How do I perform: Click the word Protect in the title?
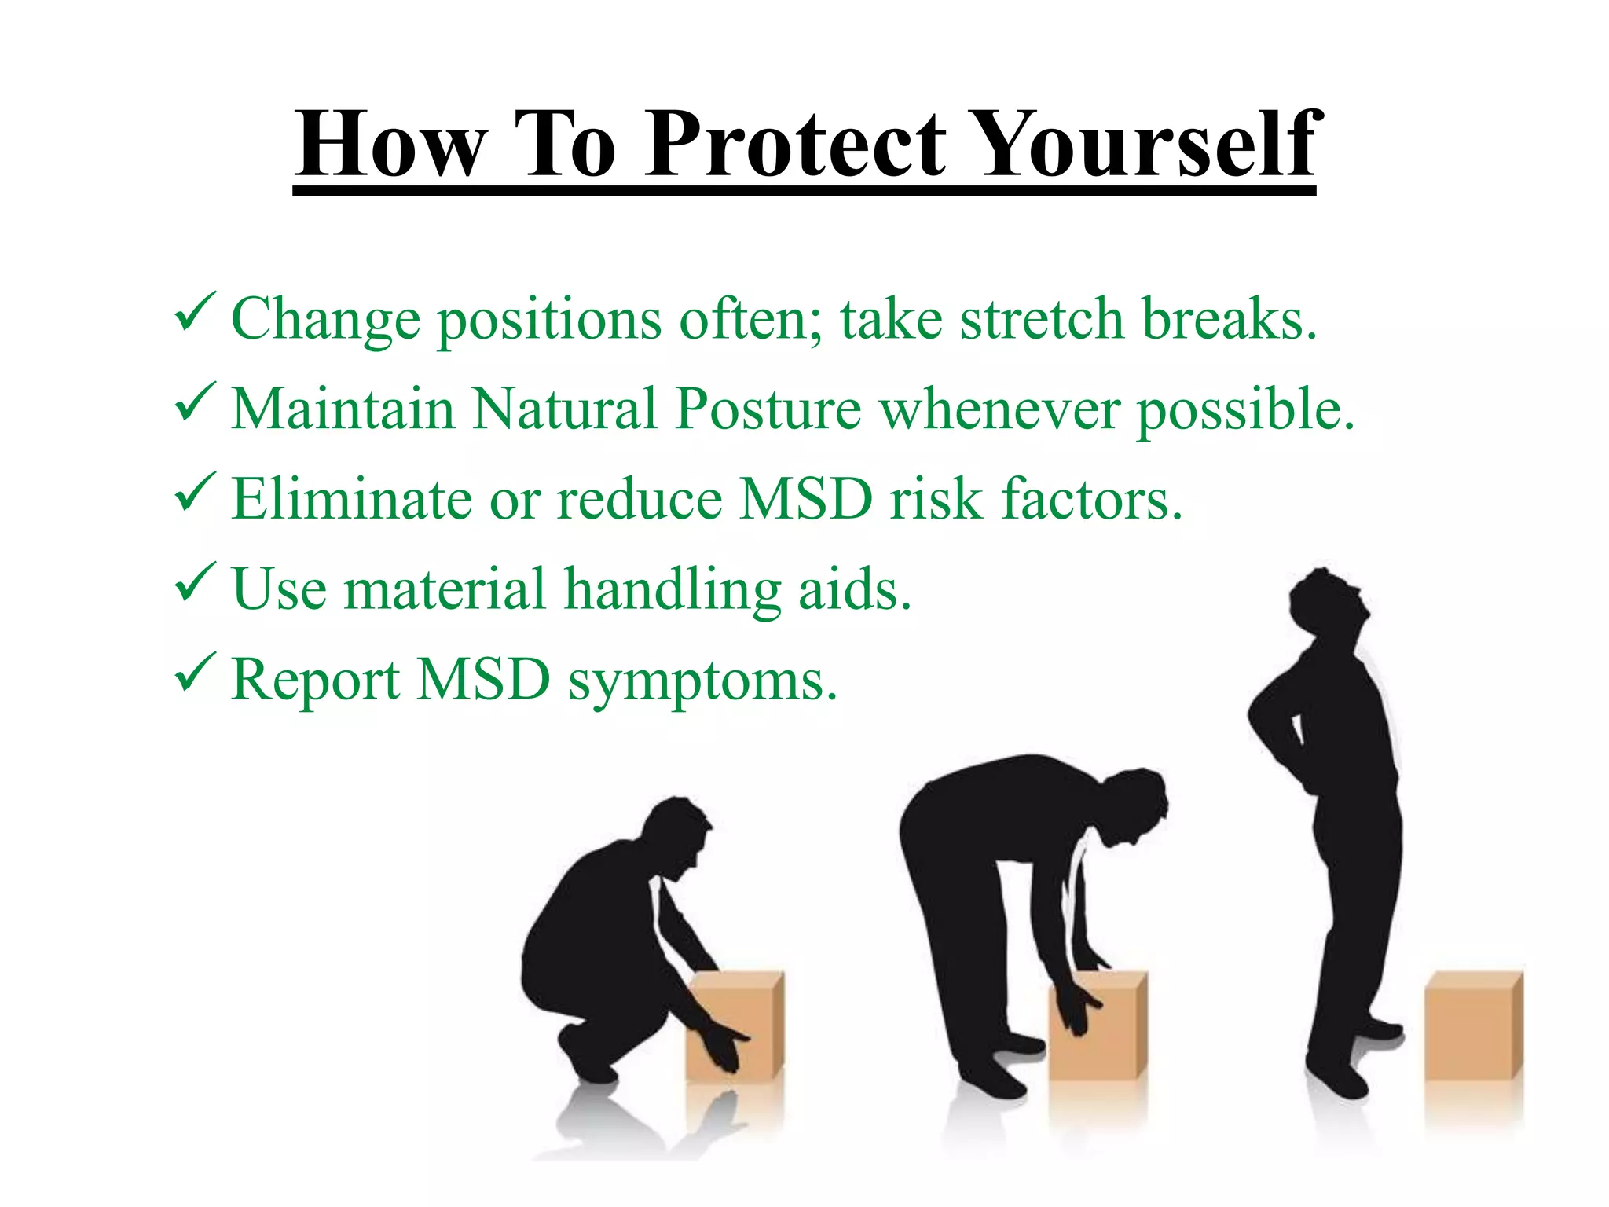point(796,145)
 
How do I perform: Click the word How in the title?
point(389,145)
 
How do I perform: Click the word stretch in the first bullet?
point(1042,320)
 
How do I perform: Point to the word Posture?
point(768,409)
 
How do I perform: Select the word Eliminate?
point(351,500)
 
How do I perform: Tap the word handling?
point(673,591)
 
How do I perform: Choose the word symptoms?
point(702,681)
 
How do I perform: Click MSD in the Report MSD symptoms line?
point(483,680)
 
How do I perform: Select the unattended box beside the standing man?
point(1473,1025)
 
